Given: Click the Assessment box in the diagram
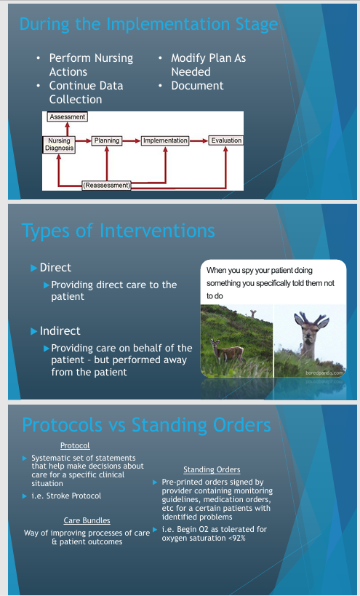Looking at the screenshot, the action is click(x=67, y=116).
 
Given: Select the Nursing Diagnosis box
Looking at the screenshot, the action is click(x=59, y=144).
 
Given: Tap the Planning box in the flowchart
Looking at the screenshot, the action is click(x=107, y=140).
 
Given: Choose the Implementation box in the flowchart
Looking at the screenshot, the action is click(x=165, y=140).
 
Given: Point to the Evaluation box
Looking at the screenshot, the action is click(x=226, y=140).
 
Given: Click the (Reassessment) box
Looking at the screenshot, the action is click(x=107, y=186).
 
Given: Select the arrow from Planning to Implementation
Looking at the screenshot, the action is click(x=132, y=141).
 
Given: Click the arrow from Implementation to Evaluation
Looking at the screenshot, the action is click(x=199, y=141).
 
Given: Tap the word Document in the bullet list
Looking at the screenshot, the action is click(x=198, y=86).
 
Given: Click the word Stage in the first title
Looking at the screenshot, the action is click(x=257, y=24).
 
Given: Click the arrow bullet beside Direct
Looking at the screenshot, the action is click(x=33, y=268).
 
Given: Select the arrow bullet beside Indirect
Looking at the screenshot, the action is click(x=33, y=331).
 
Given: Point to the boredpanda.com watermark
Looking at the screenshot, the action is click(x=324, y=373).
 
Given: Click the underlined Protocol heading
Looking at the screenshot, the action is click(x=75, y=445).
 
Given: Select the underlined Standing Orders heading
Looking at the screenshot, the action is click(x=212, y=470).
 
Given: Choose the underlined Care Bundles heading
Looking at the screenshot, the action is click(x=87, y=520).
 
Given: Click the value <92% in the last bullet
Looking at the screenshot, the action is click(x=236, y=539).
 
